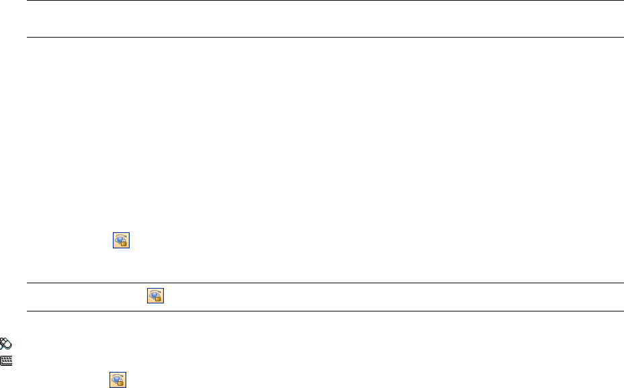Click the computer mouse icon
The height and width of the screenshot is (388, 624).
click(5, 342)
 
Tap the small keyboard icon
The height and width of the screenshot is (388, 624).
click(5, 360)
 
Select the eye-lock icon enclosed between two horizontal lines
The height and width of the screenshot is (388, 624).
click(156, 296)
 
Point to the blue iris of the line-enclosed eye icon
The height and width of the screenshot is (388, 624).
click(154, 295)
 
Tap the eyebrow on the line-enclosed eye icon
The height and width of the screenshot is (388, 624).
click(156, 291)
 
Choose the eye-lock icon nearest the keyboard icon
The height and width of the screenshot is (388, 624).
click(118, 379)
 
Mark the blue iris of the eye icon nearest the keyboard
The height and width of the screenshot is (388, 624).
click(117, 378)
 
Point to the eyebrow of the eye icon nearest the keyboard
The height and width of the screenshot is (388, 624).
click(118, 374)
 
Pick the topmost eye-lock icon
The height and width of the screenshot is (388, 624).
click(121, 240)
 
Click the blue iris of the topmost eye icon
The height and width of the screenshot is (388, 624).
click(120, 239)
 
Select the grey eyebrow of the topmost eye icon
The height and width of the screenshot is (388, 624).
click(121, 235)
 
